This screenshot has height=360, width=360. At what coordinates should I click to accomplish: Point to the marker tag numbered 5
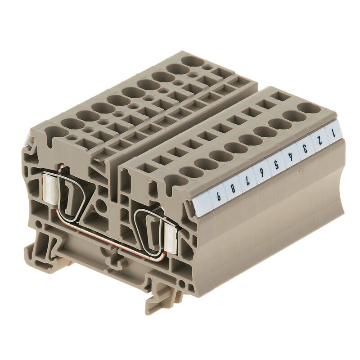click(x=276, y=164)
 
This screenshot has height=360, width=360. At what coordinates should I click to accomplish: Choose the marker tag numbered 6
click(x=262, y=172)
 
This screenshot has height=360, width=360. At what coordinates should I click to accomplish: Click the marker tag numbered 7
click(x=247, y=181)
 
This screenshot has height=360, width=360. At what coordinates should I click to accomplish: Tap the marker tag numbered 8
click(x=232, y=189)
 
